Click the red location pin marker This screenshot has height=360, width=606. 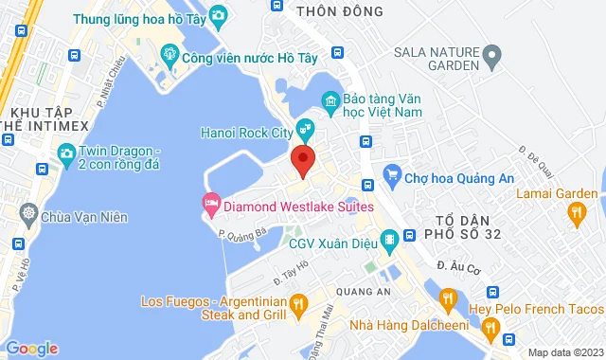point(303,160)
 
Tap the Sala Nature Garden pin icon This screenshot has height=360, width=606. point(490,58)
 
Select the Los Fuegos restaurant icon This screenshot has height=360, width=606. point(297,304)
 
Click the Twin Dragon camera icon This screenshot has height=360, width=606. point(66,153)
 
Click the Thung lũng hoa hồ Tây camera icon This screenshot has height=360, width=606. point(218,15)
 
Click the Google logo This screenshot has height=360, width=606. point(31,348)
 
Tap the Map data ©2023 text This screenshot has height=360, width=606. point(563,352)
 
